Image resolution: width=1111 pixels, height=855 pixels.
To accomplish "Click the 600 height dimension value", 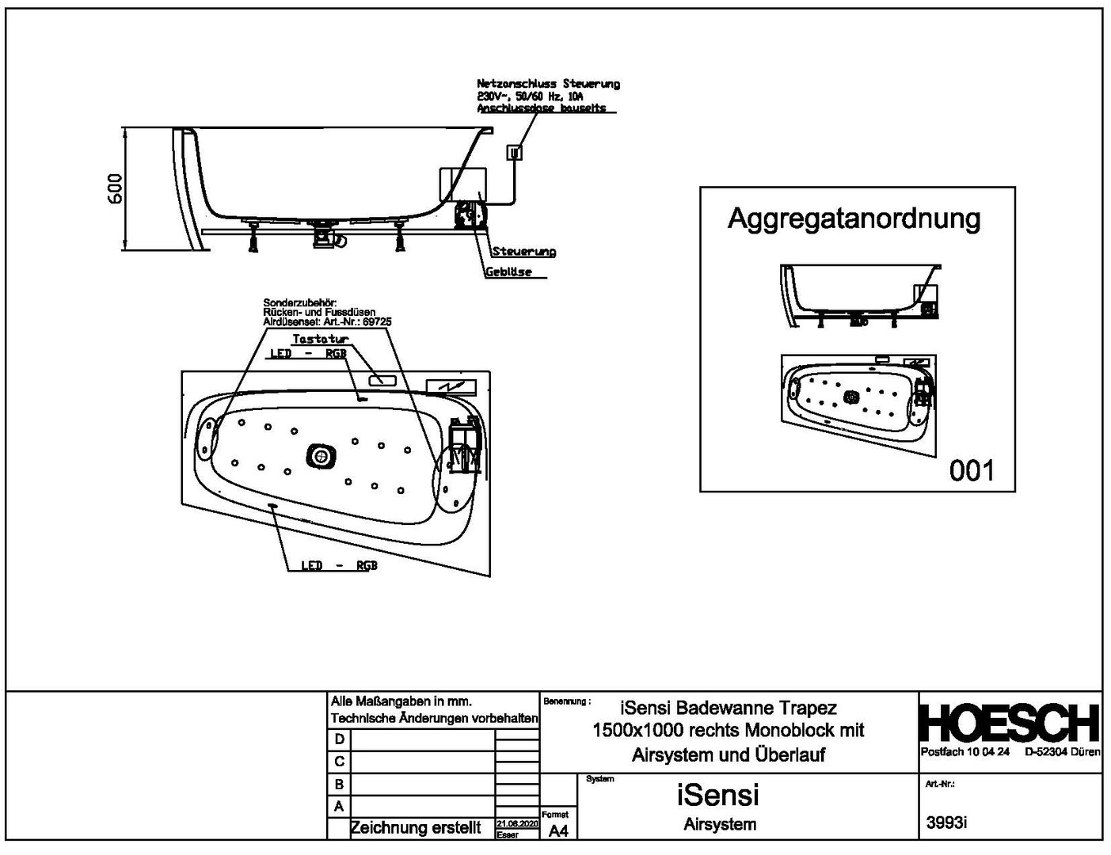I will (116, 188).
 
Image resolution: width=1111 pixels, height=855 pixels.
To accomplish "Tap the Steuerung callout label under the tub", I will (523, 252).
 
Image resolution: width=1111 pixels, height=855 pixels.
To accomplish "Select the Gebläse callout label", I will (508, 272).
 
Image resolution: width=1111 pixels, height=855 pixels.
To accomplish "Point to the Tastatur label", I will (320, 339).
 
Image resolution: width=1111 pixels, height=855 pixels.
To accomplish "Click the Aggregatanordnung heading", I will (854, 218).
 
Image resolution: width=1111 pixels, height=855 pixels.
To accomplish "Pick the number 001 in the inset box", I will (971, 471).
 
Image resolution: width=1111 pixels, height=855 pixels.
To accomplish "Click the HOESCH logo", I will (1010, 722).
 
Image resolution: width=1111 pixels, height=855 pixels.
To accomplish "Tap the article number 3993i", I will (946, 823).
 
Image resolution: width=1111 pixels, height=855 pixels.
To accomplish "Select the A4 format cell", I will (558, 830).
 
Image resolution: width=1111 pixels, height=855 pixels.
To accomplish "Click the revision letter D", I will (339, 739).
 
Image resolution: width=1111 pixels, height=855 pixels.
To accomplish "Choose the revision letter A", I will (339, 807).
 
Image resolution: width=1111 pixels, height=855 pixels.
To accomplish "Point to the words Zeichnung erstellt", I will (415, 828).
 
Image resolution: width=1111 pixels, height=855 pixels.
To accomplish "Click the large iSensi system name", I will (717, 794).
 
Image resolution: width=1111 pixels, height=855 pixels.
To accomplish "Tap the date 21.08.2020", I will (517, 824).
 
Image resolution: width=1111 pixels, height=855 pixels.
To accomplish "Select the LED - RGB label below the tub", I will (339, 566).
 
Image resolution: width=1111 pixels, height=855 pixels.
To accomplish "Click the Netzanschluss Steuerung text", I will (548, 83).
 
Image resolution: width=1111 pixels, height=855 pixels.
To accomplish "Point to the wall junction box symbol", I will (515, 153).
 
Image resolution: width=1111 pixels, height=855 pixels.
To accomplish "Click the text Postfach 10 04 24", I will (965, 752).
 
